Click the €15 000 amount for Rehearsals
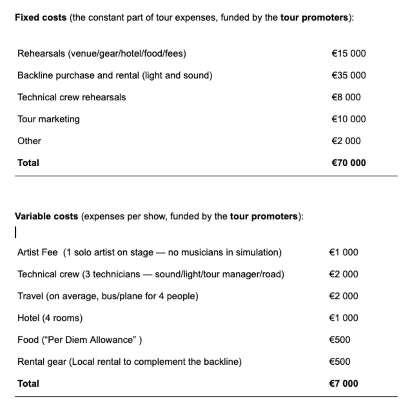coord(348,53)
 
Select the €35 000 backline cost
coord(348,75)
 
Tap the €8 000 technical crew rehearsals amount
coord(346,97)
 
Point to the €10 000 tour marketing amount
coord(348,119)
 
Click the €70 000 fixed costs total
coord(348,163)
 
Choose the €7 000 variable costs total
coord(343,384)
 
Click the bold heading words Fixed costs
coord(41,17)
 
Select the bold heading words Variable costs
coord(46,216)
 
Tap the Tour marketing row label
coord(49,119)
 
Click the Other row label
coord(29,141)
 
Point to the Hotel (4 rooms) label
coord(50,318)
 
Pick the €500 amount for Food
coord(339,340)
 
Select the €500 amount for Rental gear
coord(339,362)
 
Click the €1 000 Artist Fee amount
coord(343,252)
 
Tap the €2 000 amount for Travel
coord(343,296)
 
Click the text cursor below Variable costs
coord(16,232)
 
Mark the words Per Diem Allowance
coord(90,340)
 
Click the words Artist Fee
coord(37,252)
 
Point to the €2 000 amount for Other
coord(346,141)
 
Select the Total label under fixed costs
coord(28,163)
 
